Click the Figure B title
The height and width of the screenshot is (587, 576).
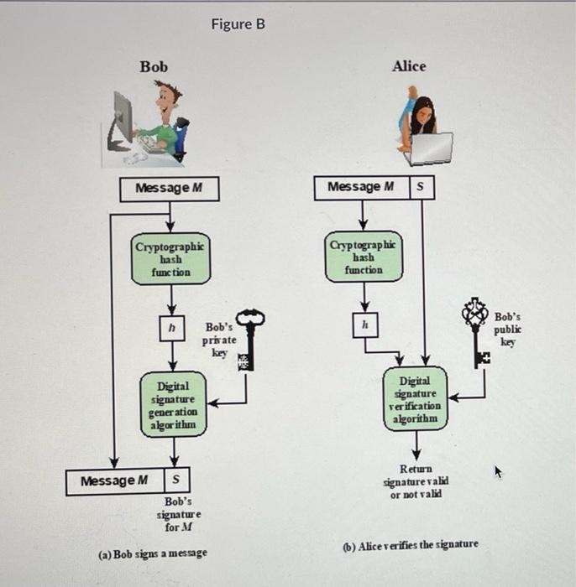pyautogui.click(x=238, y=24)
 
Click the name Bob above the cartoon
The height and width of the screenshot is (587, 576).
pyautogui.click(x=154, y=66)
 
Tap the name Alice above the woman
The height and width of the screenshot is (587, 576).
pyautogui.click(x=408, y=66)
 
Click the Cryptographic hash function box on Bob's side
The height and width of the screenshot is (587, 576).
pyautogui.click(x=170, y=259)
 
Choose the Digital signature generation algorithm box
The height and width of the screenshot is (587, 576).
pyautogui.click(x=172, y=405)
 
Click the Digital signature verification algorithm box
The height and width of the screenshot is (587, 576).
pyautogui.click(x=417, y=399)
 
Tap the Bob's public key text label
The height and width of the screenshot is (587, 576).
pyautogui.click(x=507, y=330)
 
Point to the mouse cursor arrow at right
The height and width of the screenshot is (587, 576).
pyautogui.click(x=497, y=473)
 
